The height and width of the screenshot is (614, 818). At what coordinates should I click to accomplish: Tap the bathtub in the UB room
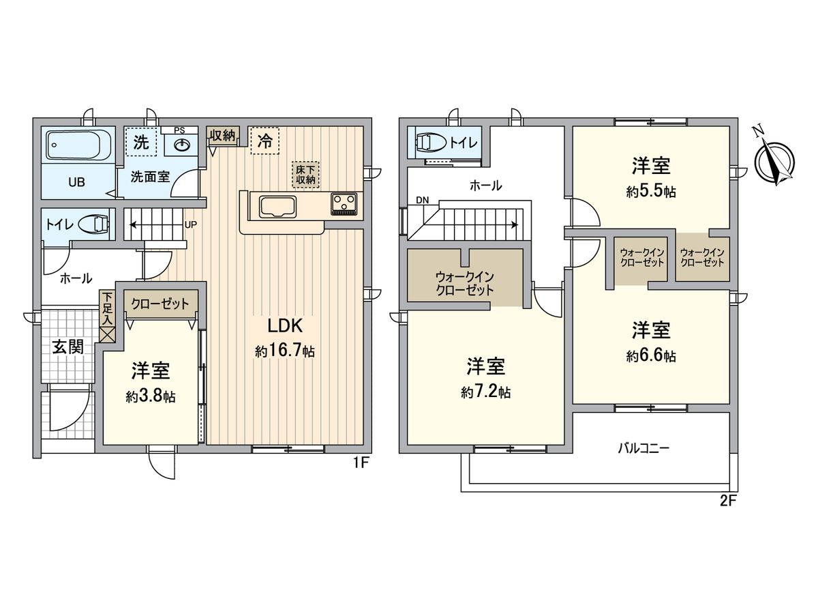79,145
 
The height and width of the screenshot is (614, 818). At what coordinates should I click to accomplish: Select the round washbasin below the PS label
181,145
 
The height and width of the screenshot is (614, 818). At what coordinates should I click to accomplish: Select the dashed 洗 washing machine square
140,142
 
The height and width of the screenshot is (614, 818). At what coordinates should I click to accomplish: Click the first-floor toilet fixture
92,224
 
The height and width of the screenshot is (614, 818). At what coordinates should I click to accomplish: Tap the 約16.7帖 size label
284,351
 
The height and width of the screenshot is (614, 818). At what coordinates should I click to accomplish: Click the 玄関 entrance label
68,347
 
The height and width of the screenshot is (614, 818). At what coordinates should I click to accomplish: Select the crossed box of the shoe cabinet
108,334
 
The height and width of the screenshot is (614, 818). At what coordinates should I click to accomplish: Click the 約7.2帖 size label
485,392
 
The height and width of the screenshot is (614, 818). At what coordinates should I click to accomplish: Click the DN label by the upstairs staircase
423,199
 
